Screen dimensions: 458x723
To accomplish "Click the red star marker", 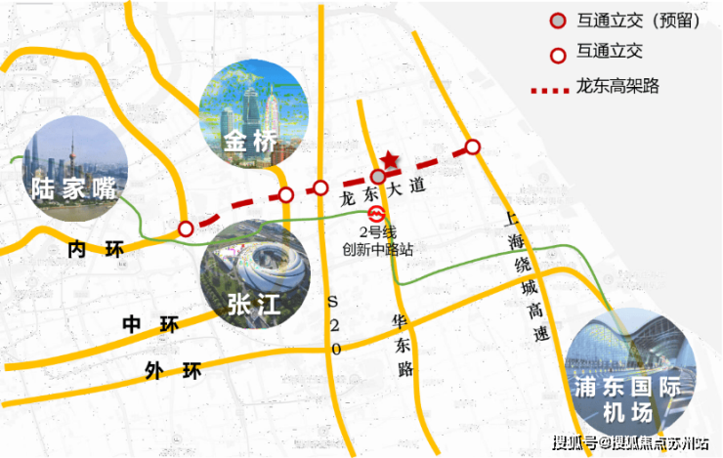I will tap(390, 159).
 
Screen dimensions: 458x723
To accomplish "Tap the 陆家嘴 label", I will tap(65, 187).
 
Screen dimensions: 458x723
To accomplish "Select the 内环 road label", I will tap(98, 250).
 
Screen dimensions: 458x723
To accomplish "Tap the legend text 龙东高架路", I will tap(619, 86).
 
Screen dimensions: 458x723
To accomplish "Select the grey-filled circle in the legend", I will tap(556, 21).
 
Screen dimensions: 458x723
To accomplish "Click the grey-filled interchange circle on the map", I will tap(379, 176).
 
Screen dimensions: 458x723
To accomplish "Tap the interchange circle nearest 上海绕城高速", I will tap(473, 147).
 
